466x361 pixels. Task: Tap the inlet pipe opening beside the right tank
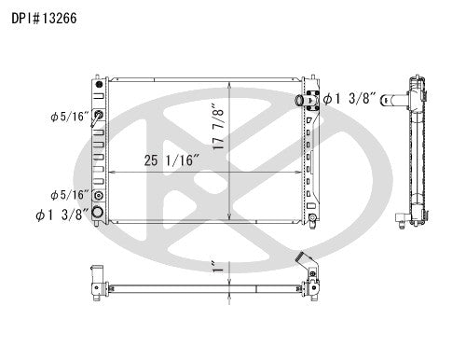[x=297, y=99]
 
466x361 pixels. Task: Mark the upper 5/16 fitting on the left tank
[x=99, y=115]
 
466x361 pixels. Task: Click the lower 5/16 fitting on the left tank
[x=99, y=195]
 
